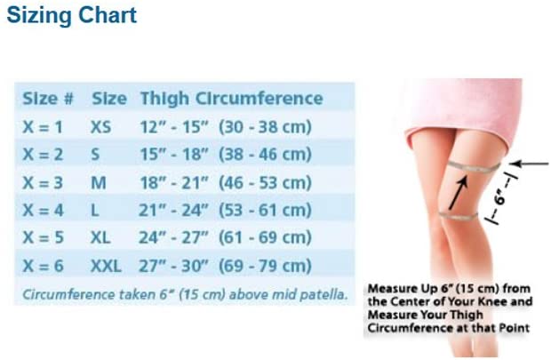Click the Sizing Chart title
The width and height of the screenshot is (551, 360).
tap(72, 15)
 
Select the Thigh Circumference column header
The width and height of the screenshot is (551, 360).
tap(232, 99)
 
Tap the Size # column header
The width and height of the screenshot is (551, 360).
tap(48, 98)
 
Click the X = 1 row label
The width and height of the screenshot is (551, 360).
tap(43, 127)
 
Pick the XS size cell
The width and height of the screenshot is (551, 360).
tap(100, 127)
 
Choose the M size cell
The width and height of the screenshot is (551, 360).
tap(99, 182)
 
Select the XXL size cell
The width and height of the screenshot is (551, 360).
tap(106, 266)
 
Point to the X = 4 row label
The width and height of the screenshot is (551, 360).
tap(43, 211)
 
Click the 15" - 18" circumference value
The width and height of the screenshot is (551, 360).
tap(174, 155)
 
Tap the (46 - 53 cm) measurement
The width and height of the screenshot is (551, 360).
tap(266, 182)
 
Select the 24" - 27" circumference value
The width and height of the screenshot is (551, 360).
tap(173, 237)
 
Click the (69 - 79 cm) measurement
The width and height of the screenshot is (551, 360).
tap(266, 266)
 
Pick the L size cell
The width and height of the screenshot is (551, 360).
tap(95, 211)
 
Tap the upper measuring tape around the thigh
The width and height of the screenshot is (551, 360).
tap(474, 167)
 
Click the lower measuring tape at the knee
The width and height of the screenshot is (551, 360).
tap(459, 215)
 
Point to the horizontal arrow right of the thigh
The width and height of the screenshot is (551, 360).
tap(529, 164)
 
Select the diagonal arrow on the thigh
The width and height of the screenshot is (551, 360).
tap(459, 193)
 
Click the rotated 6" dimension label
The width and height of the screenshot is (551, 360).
tap(499, 199)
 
